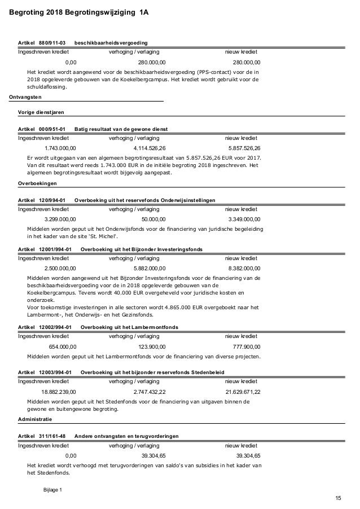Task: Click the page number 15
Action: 338,497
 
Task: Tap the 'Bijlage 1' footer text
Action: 53,489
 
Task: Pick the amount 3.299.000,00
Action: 60,219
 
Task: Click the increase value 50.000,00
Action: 153,219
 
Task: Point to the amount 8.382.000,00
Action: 244,268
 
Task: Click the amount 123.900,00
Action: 152,346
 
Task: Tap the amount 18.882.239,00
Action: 59,391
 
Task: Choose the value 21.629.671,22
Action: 243,391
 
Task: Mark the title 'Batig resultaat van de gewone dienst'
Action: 121,129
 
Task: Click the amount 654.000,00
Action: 63,346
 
